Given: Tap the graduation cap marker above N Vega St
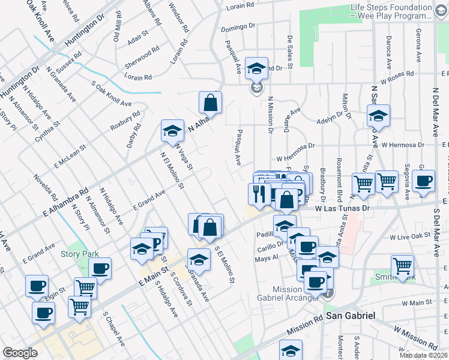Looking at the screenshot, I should (172, 131).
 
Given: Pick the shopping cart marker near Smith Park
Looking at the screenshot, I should (402, 265).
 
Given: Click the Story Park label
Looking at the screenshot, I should (79, 254).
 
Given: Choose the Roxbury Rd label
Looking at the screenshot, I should (125, 121).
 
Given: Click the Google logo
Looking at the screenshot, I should (20, 353).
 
